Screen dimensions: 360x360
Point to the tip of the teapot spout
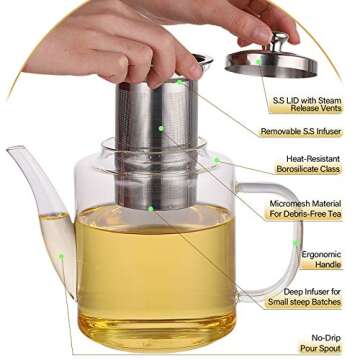(x=10, y=150)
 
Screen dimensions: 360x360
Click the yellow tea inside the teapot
(x=150, y=270)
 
